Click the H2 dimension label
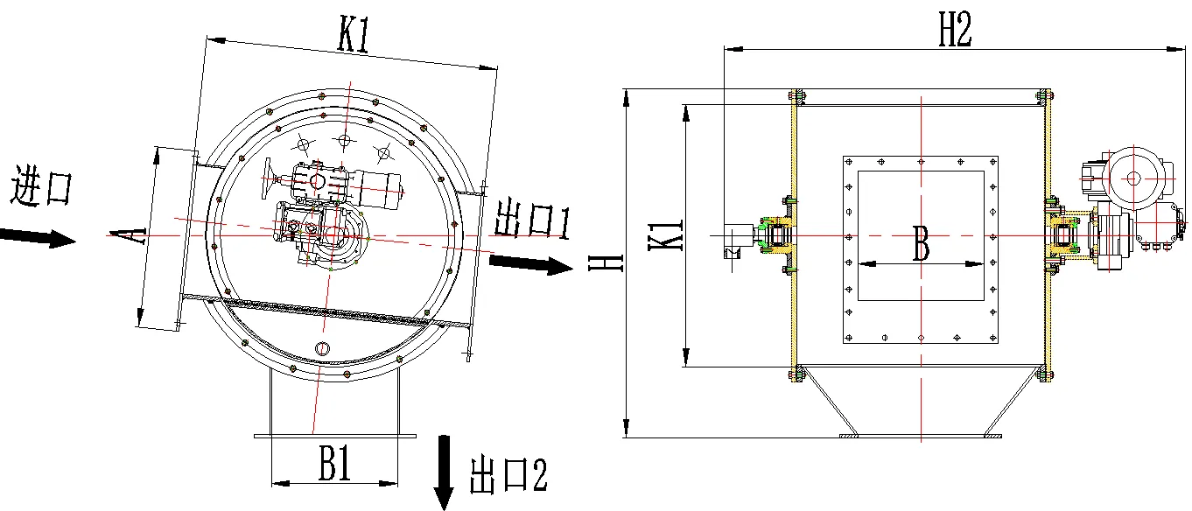(955, 28)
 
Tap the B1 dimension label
(334, 463)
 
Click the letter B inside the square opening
(921, 243)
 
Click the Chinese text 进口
(41, 185)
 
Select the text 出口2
(508, 475)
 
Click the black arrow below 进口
(38, 237)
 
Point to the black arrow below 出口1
(530, 264)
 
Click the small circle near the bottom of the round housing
(322, 348)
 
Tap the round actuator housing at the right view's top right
(1133, 178)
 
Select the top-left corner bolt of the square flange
(849, 162)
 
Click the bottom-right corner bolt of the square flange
(992, 338)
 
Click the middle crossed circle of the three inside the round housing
(344, 141)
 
